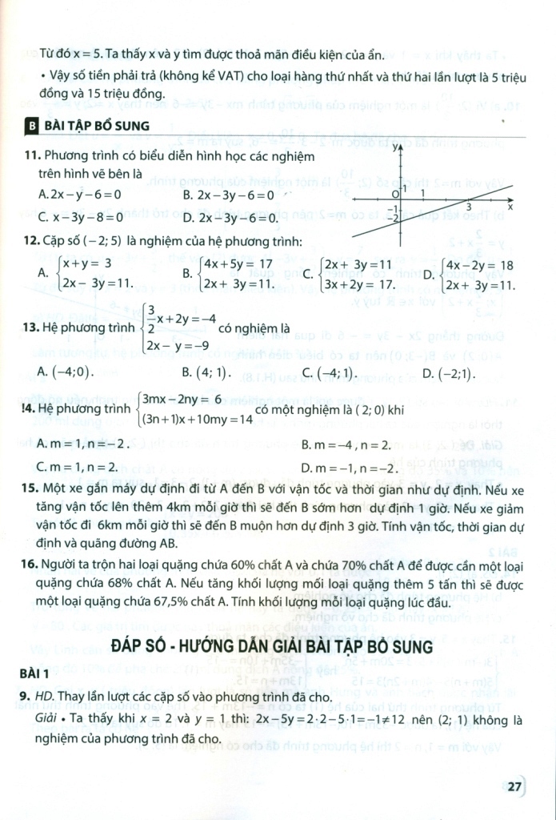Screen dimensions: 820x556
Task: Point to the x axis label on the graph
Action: [x=510, y=207]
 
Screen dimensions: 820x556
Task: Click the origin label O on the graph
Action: [x=394, y=195]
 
